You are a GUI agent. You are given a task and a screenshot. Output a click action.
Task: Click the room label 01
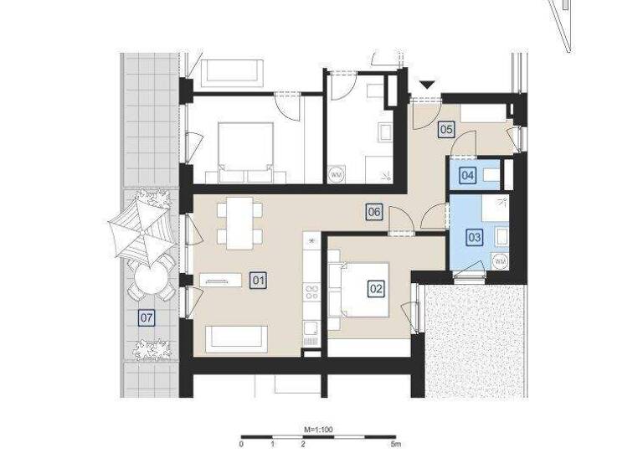258,281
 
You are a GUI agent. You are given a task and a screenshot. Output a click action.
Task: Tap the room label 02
376,288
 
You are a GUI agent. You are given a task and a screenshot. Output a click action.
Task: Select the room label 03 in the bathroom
475,237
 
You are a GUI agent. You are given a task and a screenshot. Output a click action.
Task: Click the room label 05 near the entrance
446,129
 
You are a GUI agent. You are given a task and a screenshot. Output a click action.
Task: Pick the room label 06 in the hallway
374,213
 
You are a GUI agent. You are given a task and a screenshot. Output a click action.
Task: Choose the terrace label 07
147,317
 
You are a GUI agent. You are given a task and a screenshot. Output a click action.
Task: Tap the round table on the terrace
151,279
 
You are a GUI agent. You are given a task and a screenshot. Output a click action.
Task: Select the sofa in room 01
236,338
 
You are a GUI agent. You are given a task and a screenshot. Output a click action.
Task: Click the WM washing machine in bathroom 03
501,262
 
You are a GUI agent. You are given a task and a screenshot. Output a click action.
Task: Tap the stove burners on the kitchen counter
311,292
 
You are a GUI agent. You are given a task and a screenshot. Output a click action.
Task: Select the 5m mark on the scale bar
397,445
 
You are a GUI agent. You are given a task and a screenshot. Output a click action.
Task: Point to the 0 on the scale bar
241,445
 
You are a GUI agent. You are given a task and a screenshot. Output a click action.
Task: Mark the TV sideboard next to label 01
220,281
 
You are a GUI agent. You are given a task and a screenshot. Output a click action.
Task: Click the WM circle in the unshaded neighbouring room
336,174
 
